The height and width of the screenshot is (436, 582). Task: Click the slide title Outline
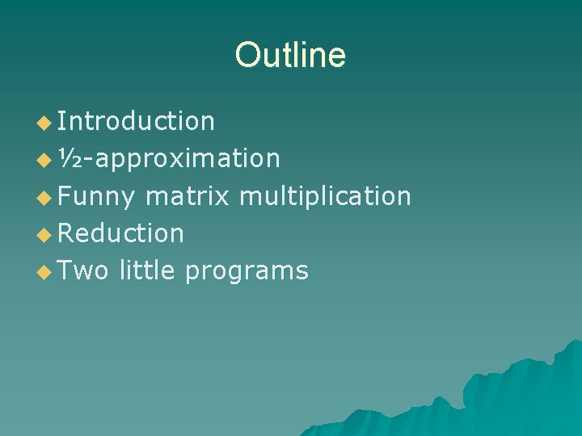290,55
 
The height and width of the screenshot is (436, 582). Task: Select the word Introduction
137,121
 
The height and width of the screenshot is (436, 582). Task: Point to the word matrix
188,196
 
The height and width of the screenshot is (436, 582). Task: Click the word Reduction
121,233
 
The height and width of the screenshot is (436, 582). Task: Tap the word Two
84,270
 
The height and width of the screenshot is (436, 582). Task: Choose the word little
147,270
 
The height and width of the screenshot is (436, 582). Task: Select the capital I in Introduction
62,121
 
